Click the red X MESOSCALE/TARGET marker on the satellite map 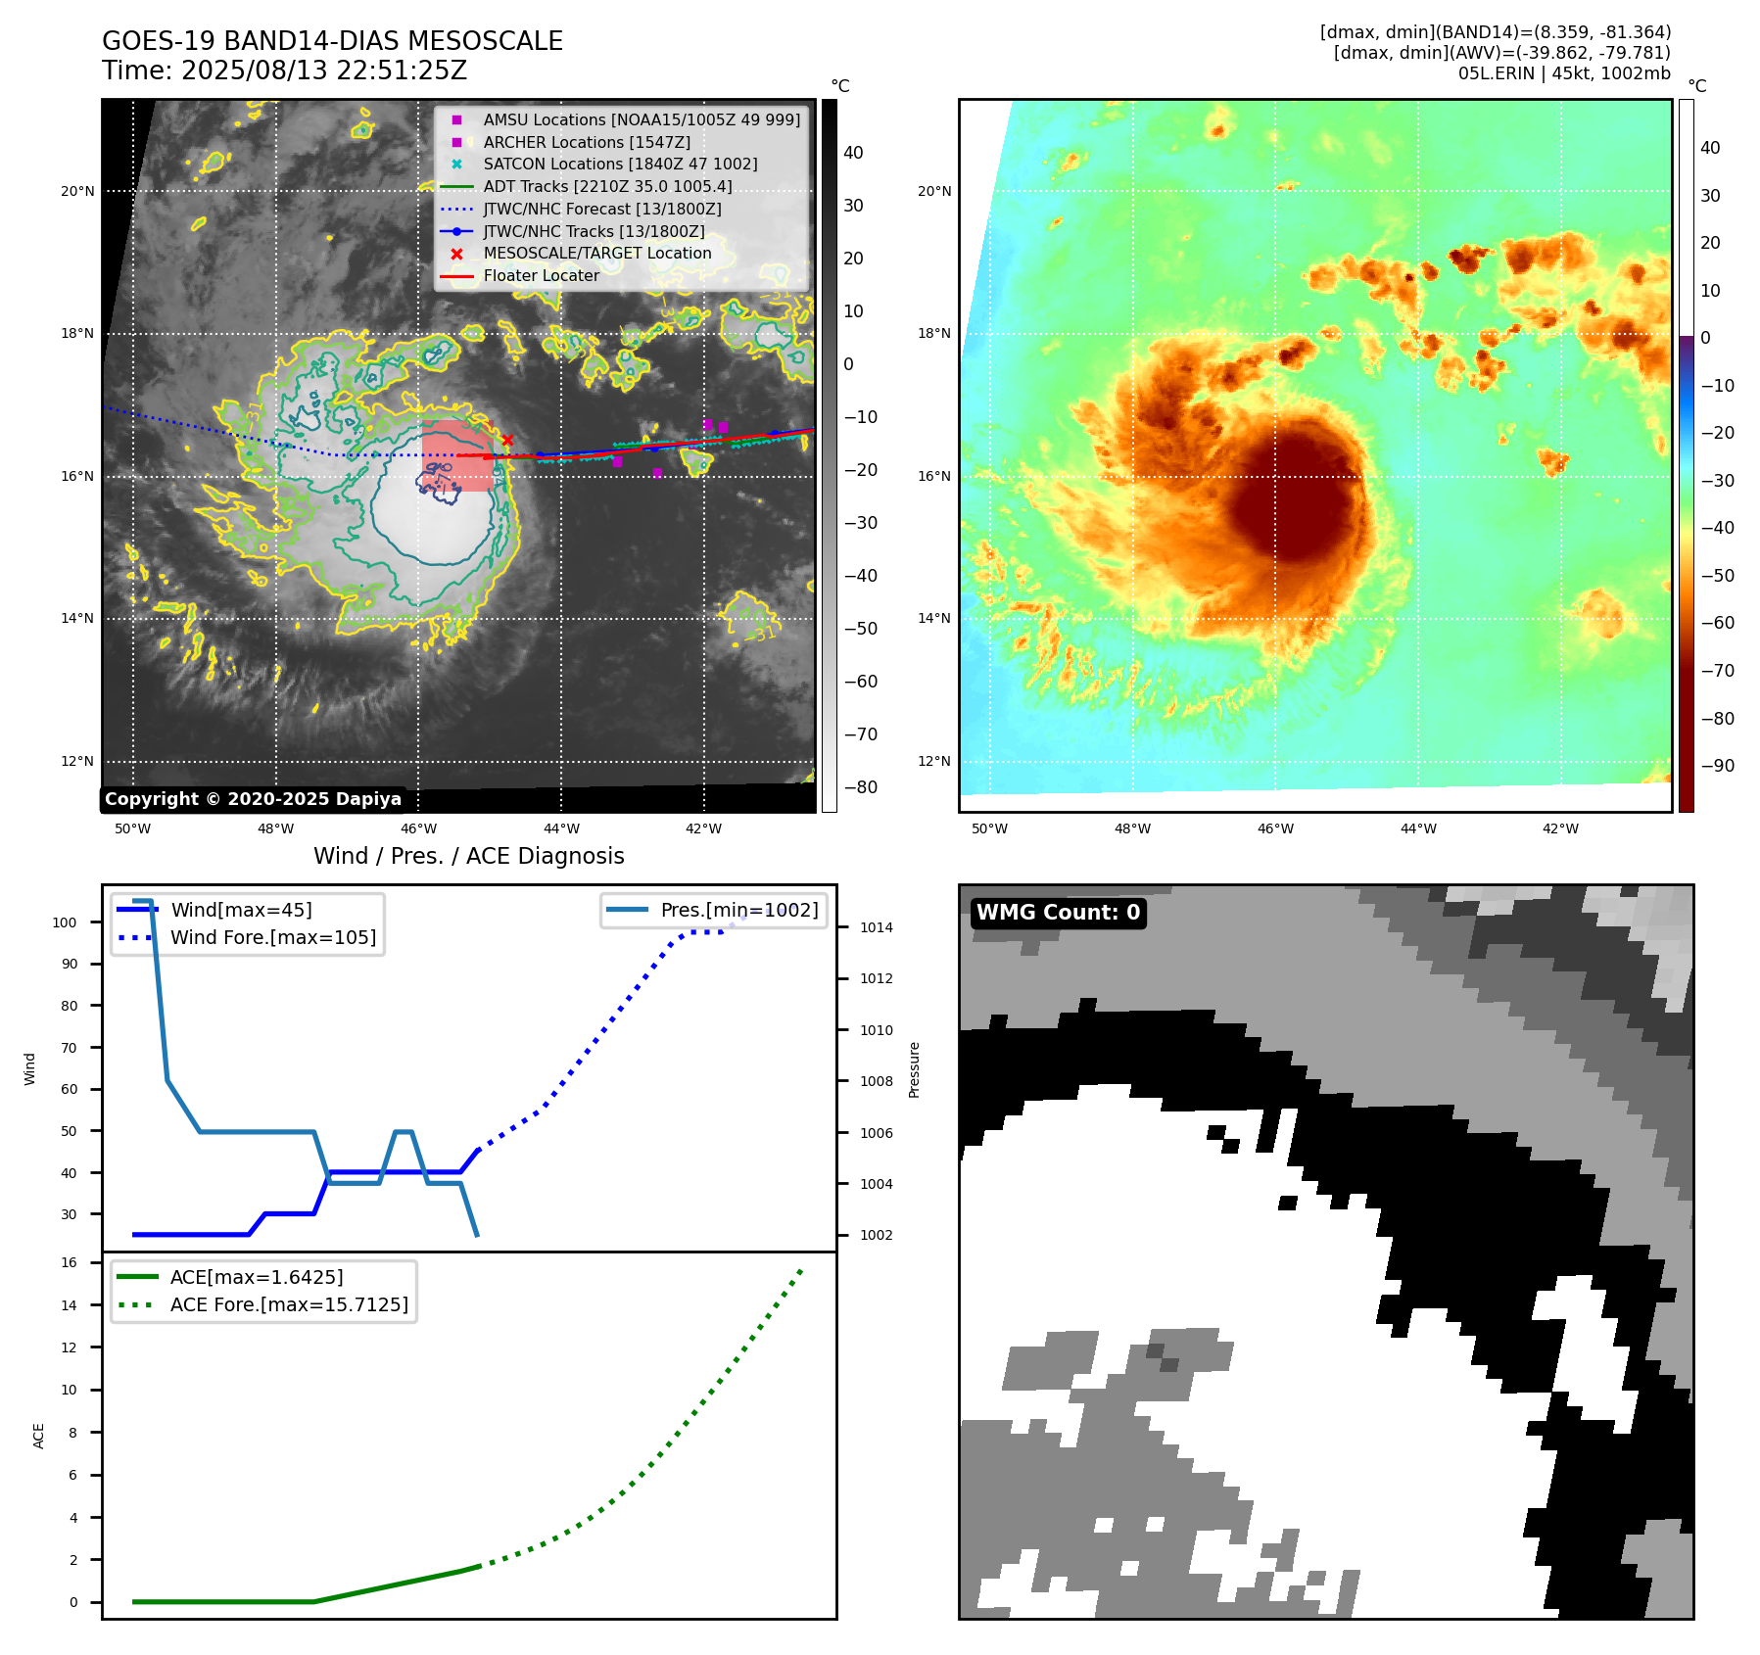click(x=507, y=441)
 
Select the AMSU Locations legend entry click(x=641, y=119)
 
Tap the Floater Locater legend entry click(x=541, y=276)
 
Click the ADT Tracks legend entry click(x=607, y=186)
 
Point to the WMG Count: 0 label click(x=1058, y=913)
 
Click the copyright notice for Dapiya click(x=253, y=799)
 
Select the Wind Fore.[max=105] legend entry click(x=272, y=937)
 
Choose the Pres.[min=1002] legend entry click(x=738, y=910)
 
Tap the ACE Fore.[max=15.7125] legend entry click(x=289, y=1304)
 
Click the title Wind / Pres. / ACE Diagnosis click(x=468, y=856)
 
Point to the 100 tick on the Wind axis click(x=65, y=922)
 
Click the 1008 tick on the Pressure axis click(x=876, y=1081)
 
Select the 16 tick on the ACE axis click(x=70, y=1262)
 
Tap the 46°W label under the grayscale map click(x=418, y=828)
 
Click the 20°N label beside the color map click(x=933, y=191)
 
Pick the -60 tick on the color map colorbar click(x=1717, y=623)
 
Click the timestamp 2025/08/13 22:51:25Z click(x=324, y=71)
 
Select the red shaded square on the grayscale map click(x=457, y=456)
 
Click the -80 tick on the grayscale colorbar click(x=860, y=787)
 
